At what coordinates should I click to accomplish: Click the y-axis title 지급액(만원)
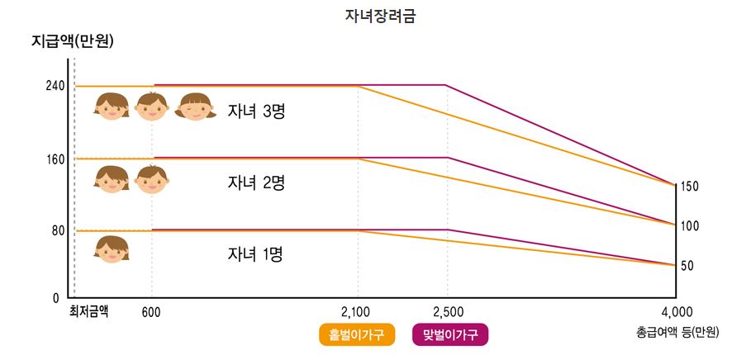72,40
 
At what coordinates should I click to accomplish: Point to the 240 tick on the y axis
54,86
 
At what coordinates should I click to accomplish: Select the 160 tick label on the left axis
54,159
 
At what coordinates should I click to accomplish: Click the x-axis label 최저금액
88,311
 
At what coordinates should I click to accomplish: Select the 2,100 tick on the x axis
357,312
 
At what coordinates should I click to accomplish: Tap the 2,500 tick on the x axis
447,312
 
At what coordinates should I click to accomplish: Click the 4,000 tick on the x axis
677,312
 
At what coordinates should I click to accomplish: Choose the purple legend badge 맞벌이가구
450,334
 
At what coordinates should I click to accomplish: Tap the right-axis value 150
690,187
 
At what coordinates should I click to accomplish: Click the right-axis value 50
687,266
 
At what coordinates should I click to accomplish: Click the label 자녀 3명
256,111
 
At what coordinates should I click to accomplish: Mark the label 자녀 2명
256,183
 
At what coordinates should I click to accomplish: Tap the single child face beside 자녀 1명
112,249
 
